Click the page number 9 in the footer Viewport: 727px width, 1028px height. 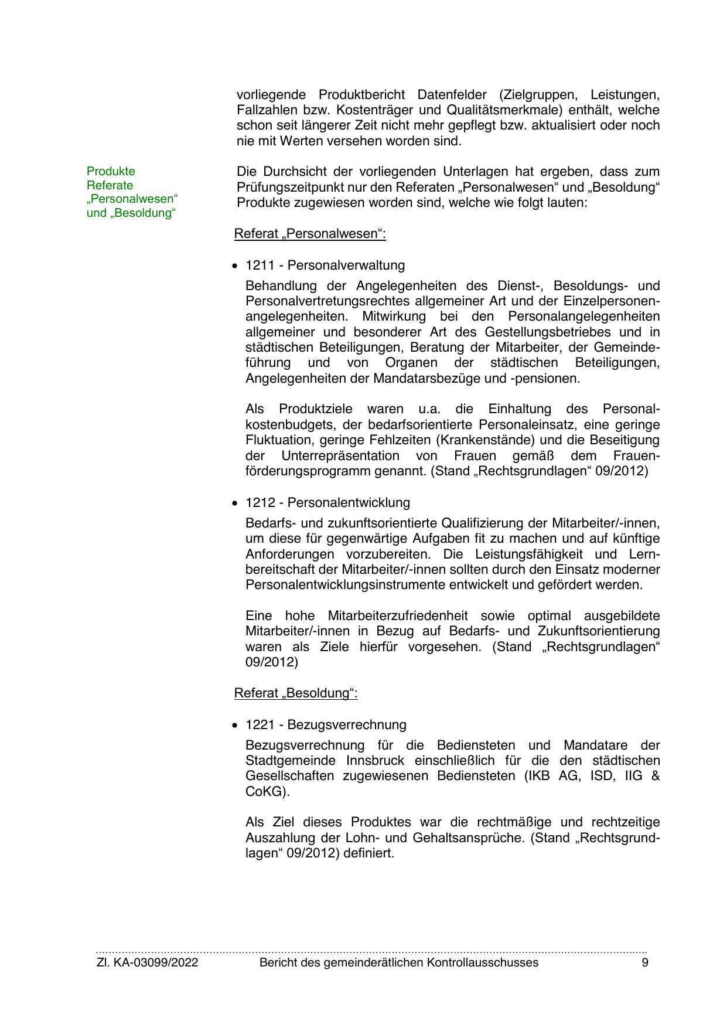pyautogui.click(x=645, y=962)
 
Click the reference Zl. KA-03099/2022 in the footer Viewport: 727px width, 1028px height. pyautogui.click(x=147, y=962)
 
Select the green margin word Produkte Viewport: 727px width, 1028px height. pyautogui.click(x=111, y=171)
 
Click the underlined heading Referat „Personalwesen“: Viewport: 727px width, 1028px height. pyautogui.click(x=310, y=234)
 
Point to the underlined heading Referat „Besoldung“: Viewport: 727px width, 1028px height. pyautogui.click(x=296, y=693)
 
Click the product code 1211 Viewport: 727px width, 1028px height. pyautogui.click(x=260, y=265)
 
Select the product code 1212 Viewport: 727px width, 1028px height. pyautogui.click(x=260, y=502)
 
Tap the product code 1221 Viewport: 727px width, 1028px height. pyautogui.click(x=260, y=724)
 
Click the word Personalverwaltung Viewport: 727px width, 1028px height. pyautogui.click(x=346, y=265)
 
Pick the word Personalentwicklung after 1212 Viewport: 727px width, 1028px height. pyautogui.click(x=349, y=502)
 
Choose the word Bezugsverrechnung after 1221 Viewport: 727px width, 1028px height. pyautogui.click(x=347, y=724)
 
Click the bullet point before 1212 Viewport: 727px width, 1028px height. pyautogui.click(x=235, y=503)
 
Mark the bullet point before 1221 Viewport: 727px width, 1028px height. pyautogui.click(x=235, y=725)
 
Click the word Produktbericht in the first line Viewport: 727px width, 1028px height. pyautogui.click(x=361, y=94)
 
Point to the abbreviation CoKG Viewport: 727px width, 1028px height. pyautogui.click(x=265, y=791)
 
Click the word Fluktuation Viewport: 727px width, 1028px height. pyautogui.click(x=279, y=440)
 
